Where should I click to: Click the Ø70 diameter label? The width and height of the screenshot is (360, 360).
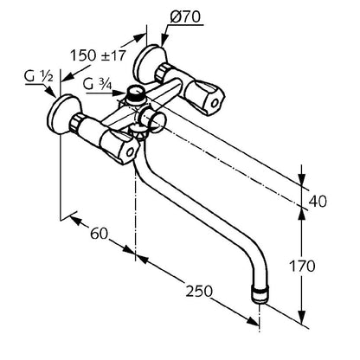click(185, 16)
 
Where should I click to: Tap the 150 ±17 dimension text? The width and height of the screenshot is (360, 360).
click(99, 55)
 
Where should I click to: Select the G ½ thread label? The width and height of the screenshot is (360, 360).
click(38, 76)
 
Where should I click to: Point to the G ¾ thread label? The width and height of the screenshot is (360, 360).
click(97, 84)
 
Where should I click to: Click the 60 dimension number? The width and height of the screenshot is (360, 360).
click(99, 233)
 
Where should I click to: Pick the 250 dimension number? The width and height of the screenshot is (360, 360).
click(199, 291)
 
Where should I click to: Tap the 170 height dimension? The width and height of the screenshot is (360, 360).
click(302, 266)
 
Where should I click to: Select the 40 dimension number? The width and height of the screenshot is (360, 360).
click(318, 201)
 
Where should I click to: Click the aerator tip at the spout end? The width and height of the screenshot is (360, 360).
click(260, 293)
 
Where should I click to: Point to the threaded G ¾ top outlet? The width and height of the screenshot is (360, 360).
click(136, 93)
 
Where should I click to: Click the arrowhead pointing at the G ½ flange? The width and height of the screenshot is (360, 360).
click(51, 92)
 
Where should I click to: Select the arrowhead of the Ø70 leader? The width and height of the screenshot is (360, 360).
click(164, 39)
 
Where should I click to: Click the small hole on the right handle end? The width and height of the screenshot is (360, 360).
click(215, 103)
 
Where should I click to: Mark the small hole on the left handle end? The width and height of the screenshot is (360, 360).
click(131, 152)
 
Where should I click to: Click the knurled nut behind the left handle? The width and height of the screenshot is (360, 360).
click(77, 123)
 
